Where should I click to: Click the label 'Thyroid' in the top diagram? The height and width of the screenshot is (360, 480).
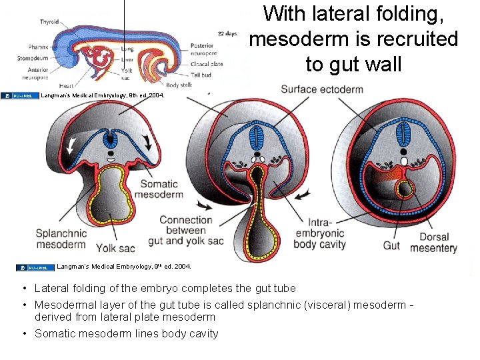pos(49,21)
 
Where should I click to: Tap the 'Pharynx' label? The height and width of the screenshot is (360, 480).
pos(38,47)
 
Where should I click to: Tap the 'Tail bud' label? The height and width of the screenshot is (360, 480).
pos(200,74)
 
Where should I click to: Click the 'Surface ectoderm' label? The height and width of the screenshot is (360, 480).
pos(322,89)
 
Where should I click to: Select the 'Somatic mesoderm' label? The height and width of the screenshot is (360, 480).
pos(158,189)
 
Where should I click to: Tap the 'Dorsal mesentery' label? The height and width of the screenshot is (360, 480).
pos(434,243)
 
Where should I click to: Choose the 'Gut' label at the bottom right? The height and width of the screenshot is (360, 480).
pos(391,246)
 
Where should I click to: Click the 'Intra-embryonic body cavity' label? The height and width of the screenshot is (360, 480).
pos(319,233)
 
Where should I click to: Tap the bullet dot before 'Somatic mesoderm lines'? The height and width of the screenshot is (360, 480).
pos(23,333)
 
